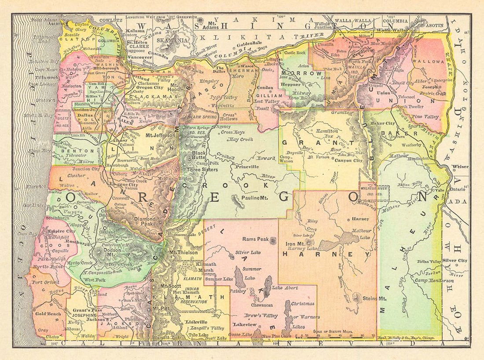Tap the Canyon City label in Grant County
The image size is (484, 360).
[x=337, y=160]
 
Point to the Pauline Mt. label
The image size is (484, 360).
[x=255, y=198]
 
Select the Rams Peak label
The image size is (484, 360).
[x=257, y=239]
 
